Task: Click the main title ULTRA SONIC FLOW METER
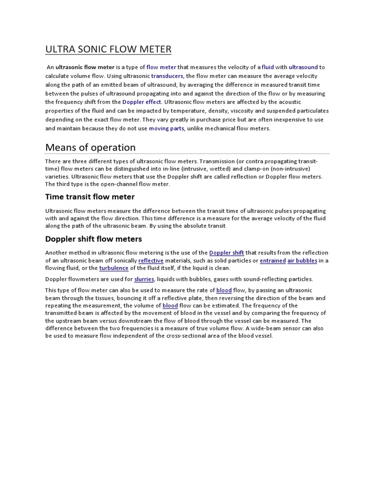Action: pyautogui.click(x=108, y=50)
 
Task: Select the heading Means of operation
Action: pyautogui.click(x=90, y=147)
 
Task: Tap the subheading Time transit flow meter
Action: pyautogui.click(x=90, y=197)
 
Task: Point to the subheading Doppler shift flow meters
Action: pyautogui.click(x=93, y=239)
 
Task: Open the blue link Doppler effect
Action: pyautogui.click(x=142, y=102)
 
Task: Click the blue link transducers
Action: pyautogui.click(x=167, y=76)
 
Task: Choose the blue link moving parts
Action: pyautogui.click(x=167, y=129)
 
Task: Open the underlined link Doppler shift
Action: pyautogui.click(x=226, y=253)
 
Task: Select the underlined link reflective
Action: pyautogui.click(x=151, y=261)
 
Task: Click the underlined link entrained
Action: pyautogui.click(x=272, y=261)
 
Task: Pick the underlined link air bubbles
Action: pyautogui.click(x=302, y=261)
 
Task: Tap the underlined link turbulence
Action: pyautogui.click(x=114, y=268)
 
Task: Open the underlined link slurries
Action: pyautogui.click(x=144, y=279)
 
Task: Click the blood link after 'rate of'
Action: pyautogui.click(x=224, y=290)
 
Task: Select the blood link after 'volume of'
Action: pyautogui.click(x=170, y=306)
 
